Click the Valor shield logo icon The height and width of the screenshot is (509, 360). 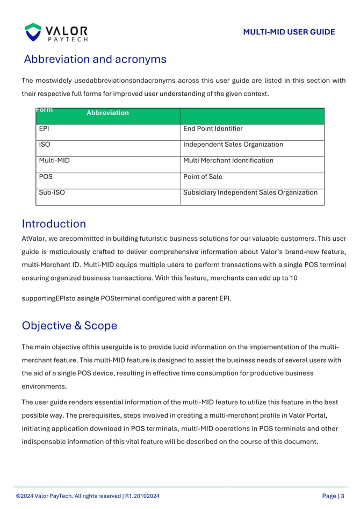(x=33, y=32)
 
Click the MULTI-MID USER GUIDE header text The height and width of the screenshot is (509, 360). (x=289, y=32)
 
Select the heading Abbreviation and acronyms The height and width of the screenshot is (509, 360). (x=95, y=59)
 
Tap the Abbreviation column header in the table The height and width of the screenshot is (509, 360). (x=107, y=113)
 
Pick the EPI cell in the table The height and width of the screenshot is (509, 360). (x=44, y=129)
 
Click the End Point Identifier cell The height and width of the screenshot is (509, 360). (x=213, y=129)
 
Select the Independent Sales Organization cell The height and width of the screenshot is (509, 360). (x=233, y=145)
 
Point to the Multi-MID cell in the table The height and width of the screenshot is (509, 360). (x=54, y=161)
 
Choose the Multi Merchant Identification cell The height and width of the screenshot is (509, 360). (x=228, y=161)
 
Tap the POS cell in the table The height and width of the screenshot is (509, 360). (x=46, y=177)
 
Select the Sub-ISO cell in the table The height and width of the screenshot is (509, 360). (x=52, y=192)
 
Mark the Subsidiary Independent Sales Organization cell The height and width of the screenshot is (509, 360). (x=250, y=192)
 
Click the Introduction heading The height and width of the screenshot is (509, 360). (x=54, y=224)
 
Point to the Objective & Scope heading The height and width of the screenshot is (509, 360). (x=69, y=326)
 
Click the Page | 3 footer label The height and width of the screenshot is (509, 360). (x=333, y=496)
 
